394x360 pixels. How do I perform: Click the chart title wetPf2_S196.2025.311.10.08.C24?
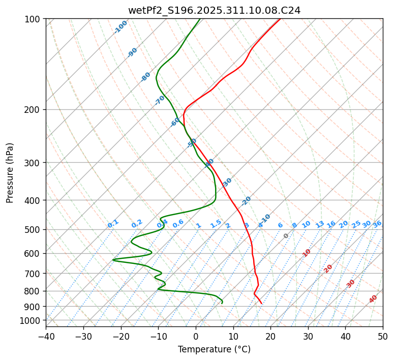214,10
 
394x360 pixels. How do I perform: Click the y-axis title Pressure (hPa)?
10,172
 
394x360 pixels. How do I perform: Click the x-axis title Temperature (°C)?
214,349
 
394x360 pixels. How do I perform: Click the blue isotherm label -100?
121,27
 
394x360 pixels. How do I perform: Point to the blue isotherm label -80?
146,77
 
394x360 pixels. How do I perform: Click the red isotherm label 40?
373,299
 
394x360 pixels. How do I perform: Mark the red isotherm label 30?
351,283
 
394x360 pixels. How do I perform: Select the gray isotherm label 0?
286,236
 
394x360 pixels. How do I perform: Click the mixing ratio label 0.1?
113,223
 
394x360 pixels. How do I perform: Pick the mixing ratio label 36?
377,224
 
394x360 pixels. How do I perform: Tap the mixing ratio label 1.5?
216,223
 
